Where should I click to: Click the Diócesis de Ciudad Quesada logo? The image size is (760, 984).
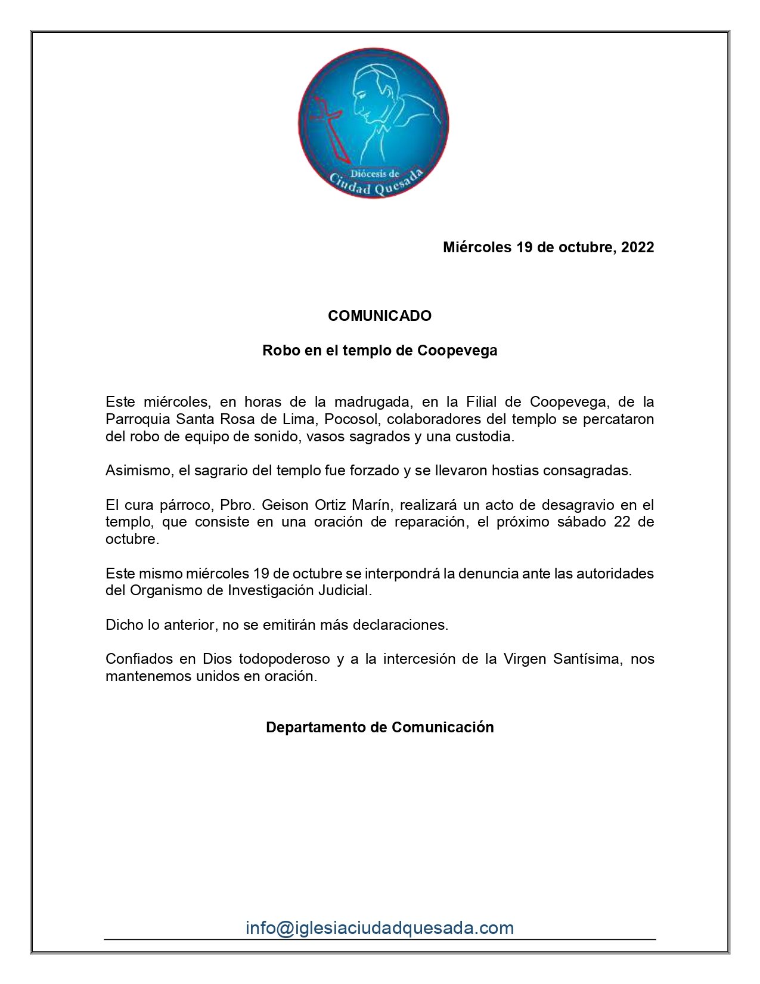[x=374, y=123]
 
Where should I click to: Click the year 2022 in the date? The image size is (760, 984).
[x=637, y=247]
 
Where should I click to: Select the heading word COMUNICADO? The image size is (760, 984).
[x=380, y=316]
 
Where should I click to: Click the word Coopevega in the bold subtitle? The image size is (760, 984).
[x=457, y=351]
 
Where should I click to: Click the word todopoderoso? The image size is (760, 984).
[x=284, y=659]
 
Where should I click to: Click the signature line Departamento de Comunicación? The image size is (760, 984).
[x=380, y=728]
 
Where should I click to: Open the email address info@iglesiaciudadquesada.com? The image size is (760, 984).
[x=380, y=928]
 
